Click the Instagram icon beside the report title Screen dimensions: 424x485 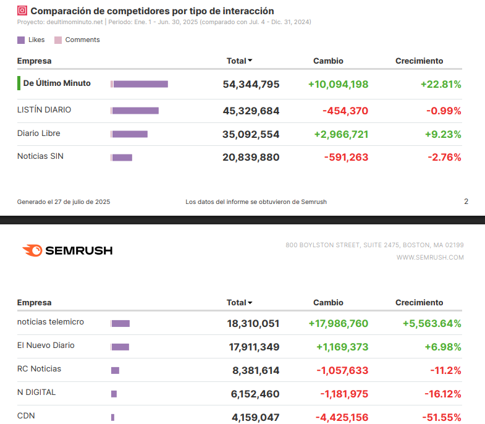(22, 11)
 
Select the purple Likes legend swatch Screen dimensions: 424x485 (22, 40)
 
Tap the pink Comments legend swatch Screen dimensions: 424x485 (58, 40)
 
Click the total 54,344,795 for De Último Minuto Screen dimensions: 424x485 (251, 84)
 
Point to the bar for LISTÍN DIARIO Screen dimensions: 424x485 (135, 111)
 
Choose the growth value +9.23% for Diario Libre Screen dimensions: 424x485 (441, 134)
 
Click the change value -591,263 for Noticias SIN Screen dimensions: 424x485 (346, 158)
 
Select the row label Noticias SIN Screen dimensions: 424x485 (40, 156)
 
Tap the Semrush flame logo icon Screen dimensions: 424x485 (32, 250)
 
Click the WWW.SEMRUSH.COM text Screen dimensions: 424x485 (429, 257)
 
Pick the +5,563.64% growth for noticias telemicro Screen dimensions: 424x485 (431, 323)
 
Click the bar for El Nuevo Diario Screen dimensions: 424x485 (120, 347)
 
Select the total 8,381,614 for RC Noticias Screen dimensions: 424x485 (256, 370)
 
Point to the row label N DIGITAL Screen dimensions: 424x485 (36, 392)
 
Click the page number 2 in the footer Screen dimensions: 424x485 (466, 201)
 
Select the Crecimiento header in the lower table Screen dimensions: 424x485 (419, 302)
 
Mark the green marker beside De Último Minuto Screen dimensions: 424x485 (19, 83)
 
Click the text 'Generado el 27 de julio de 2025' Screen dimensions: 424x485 (64, 201)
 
